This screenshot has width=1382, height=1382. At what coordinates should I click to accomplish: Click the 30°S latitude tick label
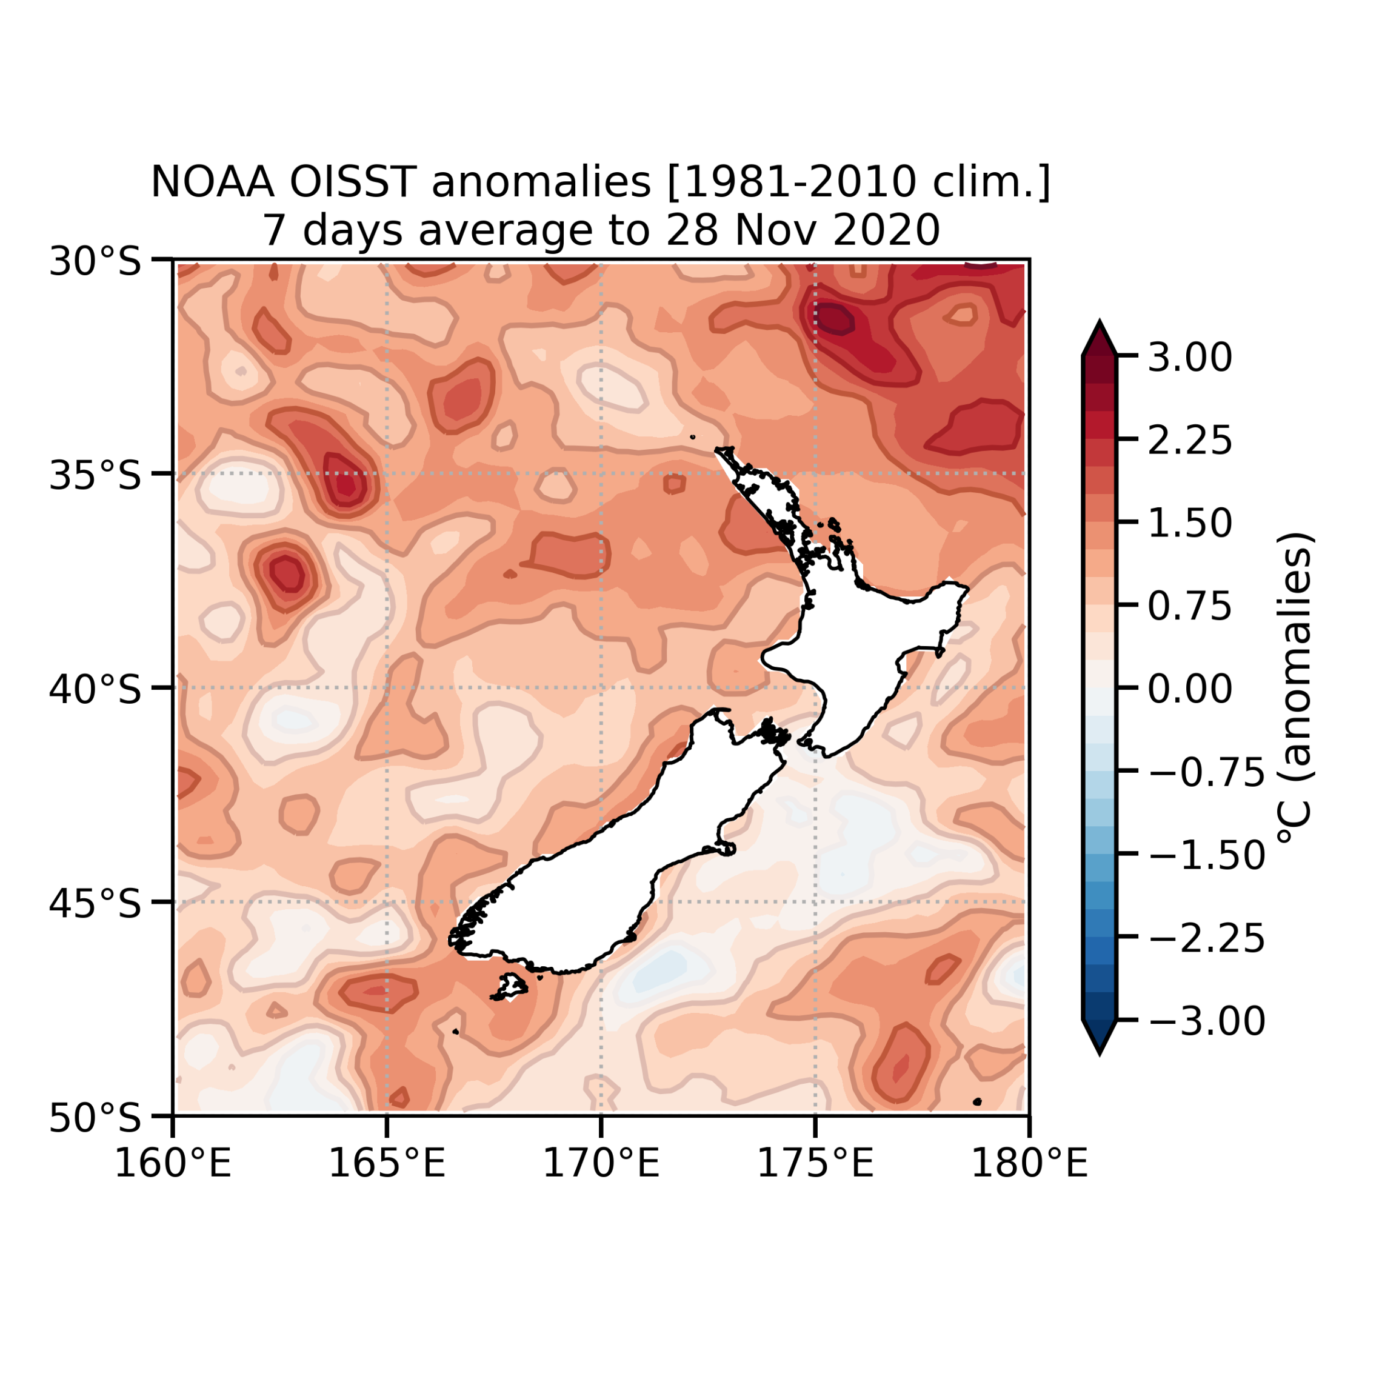[95, 262]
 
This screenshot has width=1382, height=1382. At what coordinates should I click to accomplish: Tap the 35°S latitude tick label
[95, 476]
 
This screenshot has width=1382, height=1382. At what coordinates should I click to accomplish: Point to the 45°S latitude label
[95, 904]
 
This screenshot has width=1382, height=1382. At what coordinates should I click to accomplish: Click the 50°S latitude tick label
[95, 1118]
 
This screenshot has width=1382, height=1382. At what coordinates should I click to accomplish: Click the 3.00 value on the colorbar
[1190, 357]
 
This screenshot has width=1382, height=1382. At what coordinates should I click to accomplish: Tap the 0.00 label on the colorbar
[1190, 689]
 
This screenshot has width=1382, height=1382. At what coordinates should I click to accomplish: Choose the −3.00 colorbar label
[1207, 1021]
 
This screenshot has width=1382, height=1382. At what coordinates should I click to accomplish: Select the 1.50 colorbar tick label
[1190, 523]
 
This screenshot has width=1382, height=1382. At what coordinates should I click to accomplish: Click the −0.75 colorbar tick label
[1207, 773]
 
